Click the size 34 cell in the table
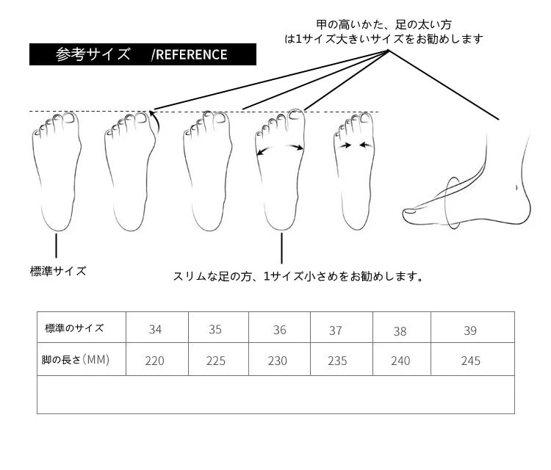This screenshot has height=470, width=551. coord(155,329)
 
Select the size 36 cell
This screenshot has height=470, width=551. coord(279,330)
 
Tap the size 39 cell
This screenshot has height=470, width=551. coord(470,330)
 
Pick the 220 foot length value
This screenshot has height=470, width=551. coord(155,361)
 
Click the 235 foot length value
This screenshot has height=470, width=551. coord(336,361)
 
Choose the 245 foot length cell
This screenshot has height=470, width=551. coord(470,361)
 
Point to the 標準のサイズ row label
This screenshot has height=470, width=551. coord(74,328)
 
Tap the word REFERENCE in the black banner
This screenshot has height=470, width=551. coord(192,54)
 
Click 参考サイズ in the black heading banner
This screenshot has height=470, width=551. coord(93,54)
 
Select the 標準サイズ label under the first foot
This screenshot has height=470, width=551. coord(58,271)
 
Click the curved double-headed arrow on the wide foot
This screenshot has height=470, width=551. coord(280,149)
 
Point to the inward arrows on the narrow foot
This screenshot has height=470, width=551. coord(356,145)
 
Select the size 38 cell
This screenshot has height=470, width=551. coord(400,330)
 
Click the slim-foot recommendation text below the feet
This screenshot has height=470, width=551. coord(298,277)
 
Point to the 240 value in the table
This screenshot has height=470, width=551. coord(400,361)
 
